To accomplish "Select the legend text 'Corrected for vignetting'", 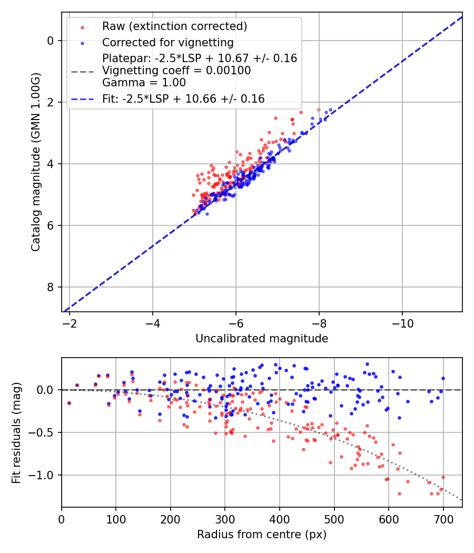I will [x=167, y=42].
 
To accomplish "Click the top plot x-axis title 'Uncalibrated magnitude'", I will [x=262, y=339].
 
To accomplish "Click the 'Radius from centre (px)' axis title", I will [x=262, y=535].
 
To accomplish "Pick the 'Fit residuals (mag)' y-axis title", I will [x=16, y=432].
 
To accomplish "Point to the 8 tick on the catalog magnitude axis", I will [x=51, y=287].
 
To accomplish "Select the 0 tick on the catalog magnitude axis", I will [x=51, y=41].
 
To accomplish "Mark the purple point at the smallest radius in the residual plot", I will [x=69, y=403].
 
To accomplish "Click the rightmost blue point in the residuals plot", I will [x=443, y=378].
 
